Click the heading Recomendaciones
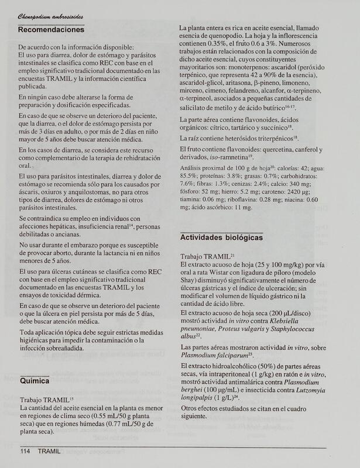pyautogui.click(x=52, y=29)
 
